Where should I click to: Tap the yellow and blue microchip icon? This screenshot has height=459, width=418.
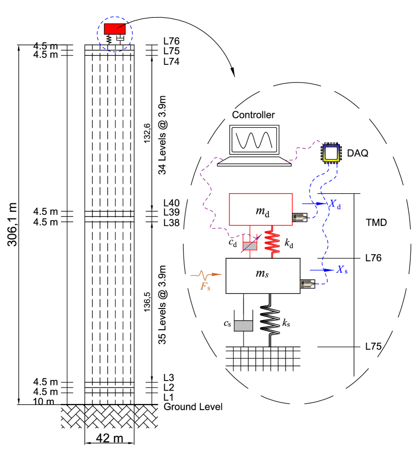(331, 153)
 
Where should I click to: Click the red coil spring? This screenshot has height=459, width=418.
(272, 242)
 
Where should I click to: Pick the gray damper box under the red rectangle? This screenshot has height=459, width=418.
(250, 246)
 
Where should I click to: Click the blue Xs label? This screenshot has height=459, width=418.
(341, 270)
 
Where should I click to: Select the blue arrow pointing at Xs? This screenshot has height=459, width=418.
(321, 270)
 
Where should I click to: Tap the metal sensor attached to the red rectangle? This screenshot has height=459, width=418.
(300, 217)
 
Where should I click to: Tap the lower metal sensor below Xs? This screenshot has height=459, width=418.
(307, 284)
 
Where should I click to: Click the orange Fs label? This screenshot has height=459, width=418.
(205, 287)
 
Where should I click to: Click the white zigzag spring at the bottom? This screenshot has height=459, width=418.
(270, 320)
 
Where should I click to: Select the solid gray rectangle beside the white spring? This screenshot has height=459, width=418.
(243, 326)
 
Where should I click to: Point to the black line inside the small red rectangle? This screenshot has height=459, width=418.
(121, 26)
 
